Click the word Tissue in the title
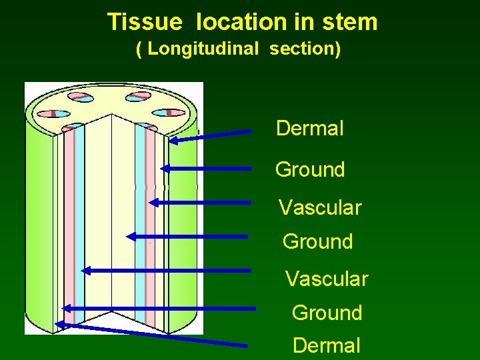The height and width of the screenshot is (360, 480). pyautogui.click(x=144, y=22)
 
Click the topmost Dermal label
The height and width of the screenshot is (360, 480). pyautogui.click(x=310, y=128)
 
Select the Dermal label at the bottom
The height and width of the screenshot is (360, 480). pyautogui.click(x=326, y=345)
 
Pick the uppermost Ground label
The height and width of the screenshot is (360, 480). pyautogui.click(x=310, y=169)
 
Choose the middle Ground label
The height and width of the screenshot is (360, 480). pyautogui.click(x=317, y=241)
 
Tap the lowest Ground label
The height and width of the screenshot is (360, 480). pyautogui.click(x=327, y=312)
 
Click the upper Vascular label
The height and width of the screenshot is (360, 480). pyautogui.click(x=319, y=207)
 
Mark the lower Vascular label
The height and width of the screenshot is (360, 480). pyautogui.click(x=326, y=278)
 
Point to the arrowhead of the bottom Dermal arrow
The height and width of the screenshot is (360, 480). pyautogui.click(x=59, y=325)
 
